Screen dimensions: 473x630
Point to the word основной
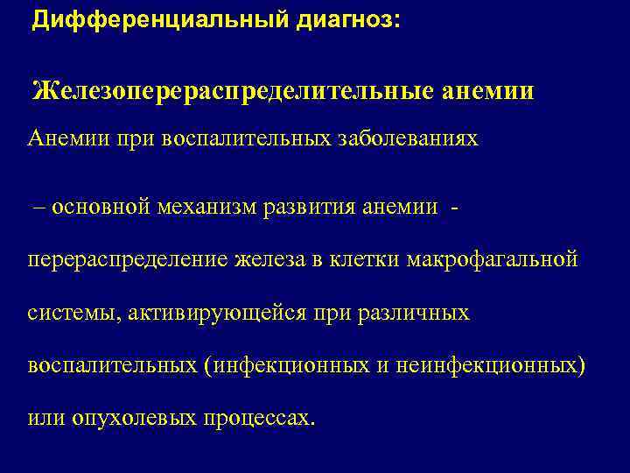[x=101, y=206]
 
